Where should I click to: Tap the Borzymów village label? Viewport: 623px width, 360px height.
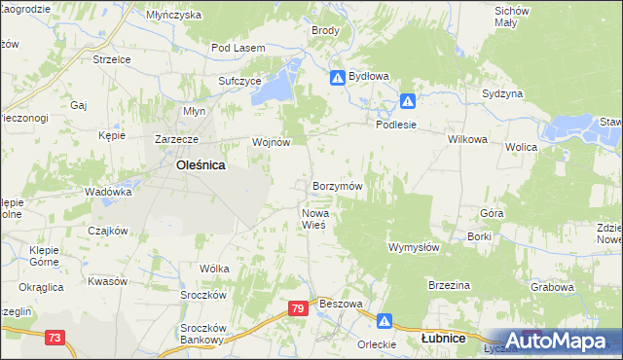[338, 186]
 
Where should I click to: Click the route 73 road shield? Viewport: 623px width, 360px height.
[55, 338]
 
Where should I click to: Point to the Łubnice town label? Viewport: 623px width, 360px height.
[442, 339]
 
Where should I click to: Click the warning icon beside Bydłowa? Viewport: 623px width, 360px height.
[337, 77]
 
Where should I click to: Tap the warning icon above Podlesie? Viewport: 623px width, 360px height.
[409, 100]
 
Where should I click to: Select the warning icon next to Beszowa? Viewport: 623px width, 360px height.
[385, 319]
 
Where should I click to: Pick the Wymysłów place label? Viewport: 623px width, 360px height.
[415, 247]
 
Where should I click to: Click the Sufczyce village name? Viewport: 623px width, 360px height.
[239, 81]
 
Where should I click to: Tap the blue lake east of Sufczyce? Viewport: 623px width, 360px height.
[280, 80]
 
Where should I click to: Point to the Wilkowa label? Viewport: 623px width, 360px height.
[467, 139]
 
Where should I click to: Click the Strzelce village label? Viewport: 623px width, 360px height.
[111, 59]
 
